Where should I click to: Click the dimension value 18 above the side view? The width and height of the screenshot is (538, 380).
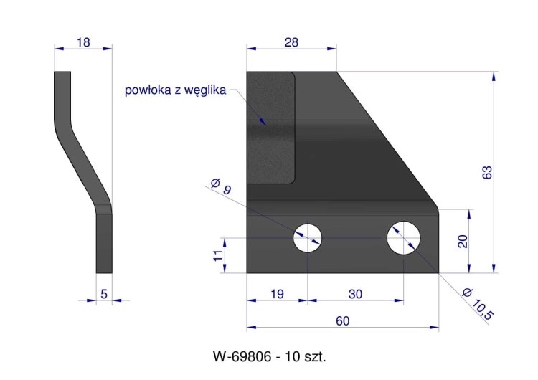click(83, 42)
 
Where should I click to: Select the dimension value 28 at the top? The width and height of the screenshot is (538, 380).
click(291, 42)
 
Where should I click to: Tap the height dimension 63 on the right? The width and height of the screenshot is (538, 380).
click(487, 172)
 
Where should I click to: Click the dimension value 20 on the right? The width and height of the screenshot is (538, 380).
click(463, 241)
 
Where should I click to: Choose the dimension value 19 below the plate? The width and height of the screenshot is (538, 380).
click(277, 294)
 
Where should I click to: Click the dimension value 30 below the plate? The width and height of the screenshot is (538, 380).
click(355, 294)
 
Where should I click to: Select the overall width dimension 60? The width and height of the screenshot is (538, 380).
click(342, 320)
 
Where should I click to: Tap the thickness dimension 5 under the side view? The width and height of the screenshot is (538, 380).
click(104, 293)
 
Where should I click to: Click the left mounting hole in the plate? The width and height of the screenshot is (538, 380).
click(308, 237)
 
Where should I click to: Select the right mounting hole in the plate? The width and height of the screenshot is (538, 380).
click(405, 237)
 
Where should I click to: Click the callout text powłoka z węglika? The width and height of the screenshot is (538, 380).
click(175, 90)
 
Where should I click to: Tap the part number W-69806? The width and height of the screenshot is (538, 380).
click(242, 356)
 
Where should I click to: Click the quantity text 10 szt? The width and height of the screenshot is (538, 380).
click(304, 356)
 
